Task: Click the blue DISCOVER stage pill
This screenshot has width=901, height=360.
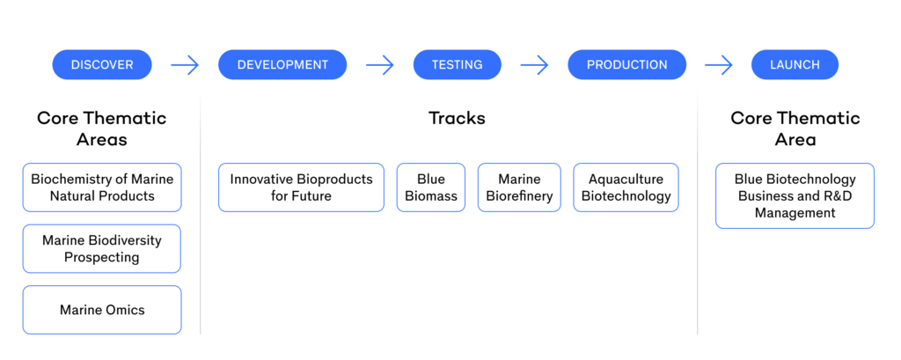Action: (x=102, y=64)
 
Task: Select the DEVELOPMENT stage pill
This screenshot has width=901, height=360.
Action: (x=282, y=64)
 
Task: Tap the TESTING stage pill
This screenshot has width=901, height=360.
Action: (x=457, y=64)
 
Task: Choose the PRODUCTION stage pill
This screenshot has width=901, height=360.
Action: (x=626, y=64)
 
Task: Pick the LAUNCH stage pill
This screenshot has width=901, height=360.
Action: (x=795, y=64)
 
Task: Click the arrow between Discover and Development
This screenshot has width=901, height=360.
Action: (x=185, y=64)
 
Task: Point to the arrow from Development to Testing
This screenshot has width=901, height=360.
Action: (x=380, y=64)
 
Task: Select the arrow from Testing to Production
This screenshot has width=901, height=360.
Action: (x=534, y=64)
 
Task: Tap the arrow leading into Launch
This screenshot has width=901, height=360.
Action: (x=719, y=64)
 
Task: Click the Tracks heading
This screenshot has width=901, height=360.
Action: (x=457, y=118)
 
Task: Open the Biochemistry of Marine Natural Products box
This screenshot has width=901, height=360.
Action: (x=102, y=187)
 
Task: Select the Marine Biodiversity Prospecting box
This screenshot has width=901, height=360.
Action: (x=102, y=248)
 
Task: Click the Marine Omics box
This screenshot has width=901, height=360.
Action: (x=102, y=310)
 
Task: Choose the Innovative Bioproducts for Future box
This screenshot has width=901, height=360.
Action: (x=301, y=187)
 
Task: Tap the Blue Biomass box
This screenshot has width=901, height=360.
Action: (x=431, y=187)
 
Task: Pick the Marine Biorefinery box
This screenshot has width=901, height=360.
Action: (x=519, y=187)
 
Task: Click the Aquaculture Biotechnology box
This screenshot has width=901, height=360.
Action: (x=626, y=187)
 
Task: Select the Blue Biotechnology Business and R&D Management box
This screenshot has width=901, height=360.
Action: (x=795, y=195)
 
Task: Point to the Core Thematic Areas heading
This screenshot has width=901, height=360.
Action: (x=102, y=129)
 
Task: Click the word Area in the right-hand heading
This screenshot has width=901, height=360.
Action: (x=795, y=139)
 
